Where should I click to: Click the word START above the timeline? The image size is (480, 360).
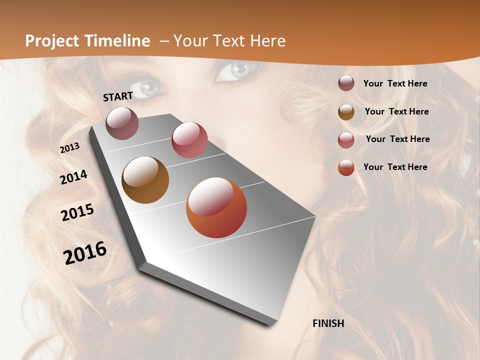click(118, 96)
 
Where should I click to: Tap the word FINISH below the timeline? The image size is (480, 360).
click(328, 323)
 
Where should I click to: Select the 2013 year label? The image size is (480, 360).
click(70, 148)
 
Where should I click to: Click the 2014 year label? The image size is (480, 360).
click(74, 177)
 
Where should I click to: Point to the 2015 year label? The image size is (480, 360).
click(77, 212)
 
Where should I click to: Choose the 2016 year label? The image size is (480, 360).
click(85, 253)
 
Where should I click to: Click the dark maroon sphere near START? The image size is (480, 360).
click(122, 123)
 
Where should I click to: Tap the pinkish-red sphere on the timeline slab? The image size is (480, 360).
click(189, 140)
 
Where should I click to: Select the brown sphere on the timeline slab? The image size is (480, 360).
click(145, 180)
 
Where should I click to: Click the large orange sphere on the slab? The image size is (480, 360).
click(216, 207)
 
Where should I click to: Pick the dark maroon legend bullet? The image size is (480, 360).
click(346, 83)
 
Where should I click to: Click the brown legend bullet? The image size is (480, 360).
click(346, 112)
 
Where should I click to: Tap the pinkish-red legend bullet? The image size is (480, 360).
click(346, 139)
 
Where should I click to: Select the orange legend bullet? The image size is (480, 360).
click(346, 167)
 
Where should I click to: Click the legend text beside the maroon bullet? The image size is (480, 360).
click(395, 83)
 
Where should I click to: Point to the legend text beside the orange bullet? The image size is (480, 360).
click(395, 167)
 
